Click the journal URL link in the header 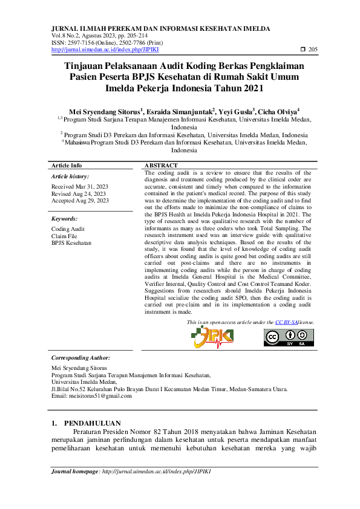tap(100, 50)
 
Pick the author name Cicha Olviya tap(277, 111)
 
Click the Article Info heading tap(67, 165)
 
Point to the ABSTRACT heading tap(161, 165)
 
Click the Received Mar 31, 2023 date tap(80, 187)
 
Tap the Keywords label tap(64, 218)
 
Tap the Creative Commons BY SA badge tap(289, 337)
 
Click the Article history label tap(70, 176)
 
